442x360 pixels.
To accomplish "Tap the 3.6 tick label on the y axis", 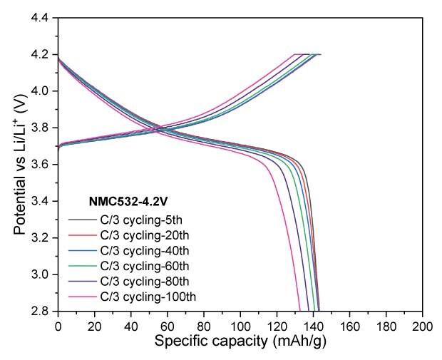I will tap(41, 165).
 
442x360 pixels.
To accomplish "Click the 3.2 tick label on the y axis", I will tap(41, 238).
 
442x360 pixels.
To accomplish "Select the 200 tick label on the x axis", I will tap(423, 324).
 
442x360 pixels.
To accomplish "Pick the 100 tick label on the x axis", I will tap(240, 324).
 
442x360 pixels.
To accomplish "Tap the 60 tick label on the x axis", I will tap(168, 324).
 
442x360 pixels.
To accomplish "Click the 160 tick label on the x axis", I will tap(350, 324).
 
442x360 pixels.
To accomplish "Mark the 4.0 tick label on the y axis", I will tap(41, 91).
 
